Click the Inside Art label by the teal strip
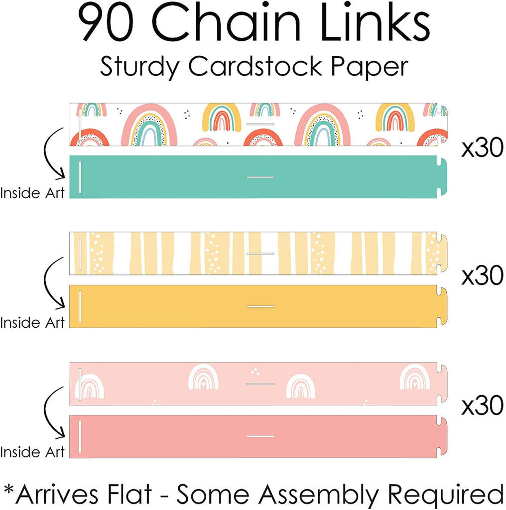click(32, 193)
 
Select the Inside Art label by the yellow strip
click(32, 322)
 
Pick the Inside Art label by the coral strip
click(32, 452)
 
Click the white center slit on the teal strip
click(260, 177)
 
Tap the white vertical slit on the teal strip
click(79, 177)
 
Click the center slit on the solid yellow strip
click(260, 306)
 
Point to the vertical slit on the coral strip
click(79, 436)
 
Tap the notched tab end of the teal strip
click(441, 177)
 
